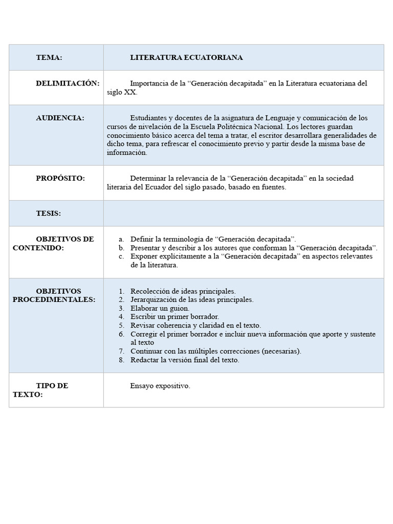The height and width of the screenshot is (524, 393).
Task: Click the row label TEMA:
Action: pyautogui.click(x=49, y=58)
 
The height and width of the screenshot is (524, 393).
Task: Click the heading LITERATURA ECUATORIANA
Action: pyautogui.click(x=186, y=58)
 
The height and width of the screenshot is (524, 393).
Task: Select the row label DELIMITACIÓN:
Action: pyautogui.click(x=68, y=83)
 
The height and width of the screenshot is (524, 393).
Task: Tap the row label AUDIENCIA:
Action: pyautogui.click(x=60, y=118)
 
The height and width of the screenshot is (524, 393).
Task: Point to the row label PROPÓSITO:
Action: pyautogui.click(x=60, y=178)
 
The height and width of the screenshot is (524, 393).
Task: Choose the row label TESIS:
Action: pyautogui.click(x=48, y=213)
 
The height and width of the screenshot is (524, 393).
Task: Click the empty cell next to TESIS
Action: pyautogui.click(x=244, y=213)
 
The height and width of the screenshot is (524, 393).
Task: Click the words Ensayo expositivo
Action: pyautogui.click(x=160, y=386)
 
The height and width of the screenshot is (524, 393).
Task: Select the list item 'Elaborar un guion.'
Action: pyautogui.click(x=160, y=309)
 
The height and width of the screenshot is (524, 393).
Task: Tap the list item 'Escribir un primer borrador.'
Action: pyautogui.click(x=174, y=317)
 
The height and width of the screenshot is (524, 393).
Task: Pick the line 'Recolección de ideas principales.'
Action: pyautogui.click(x=183, y=291)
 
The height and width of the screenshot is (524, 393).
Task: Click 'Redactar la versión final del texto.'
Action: pyautogui.click(x=185, y=360)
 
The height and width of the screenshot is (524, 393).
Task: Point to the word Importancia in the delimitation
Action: pyautogui.click(x=148, y=83)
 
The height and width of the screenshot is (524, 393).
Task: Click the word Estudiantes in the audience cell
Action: pyautogui.click(x=148, y=118)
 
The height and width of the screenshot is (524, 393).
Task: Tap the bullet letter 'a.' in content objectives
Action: pyautogui.click(x=121, y=239)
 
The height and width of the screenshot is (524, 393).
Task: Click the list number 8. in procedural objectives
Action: pyautogui.click(x=121, y=360)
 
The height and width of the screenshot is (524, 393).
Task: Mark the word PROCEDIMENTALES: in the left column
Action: pyautogui.click(x=54, y=300)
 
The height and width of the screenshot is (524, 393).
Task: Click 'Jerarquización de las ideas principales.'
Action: pyautogui.click(x=192, y=300)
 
